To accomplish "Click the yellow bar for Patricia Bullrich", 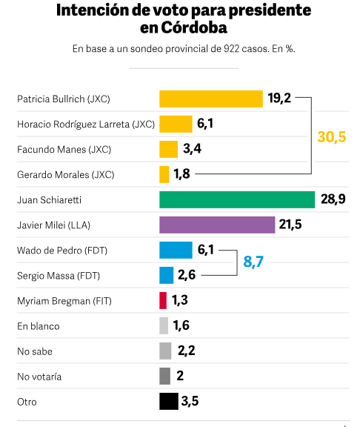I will pyautogui.click(x=211, y=99).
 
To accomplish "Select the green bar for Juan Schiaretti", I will pyautogui.click(x=237, y=199).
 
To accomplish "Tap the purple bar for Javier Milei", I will pyautogui.click(x=217, y=225).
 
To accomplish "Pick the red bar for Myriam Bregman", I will pyautogui.click(x=163, y=300).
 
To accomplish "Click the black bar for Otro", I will pyautogui.click(x=169, y=401).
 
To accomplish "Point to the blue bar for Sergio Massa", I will pyautogui.click(x=167, y=275).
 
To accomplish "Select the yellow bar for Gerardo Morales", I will pyautogui.click(x=164, y=174).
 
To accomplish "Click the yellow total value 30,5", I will pyautogui.click(x=332, y=136).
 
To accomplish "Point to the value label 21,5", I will pyautogui.click(x=290, y=225).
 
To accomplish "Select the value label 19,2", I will pyautogui.click(x=279, y=99).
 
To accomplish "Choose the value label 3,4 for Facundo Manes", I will pyautogui.click(x=192, y=149).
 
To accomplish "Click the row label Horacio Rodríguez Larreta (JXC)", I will pyautogui.click(x=86, y=124).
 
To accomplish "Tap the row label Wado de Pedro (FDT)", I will pyautogui.click(x=62, y=250).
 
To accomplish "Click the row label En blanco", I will pyautogui.click(x=39, y=325).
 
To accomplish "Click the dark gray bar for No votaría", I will pyautogui.click(x=164, y=376).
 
